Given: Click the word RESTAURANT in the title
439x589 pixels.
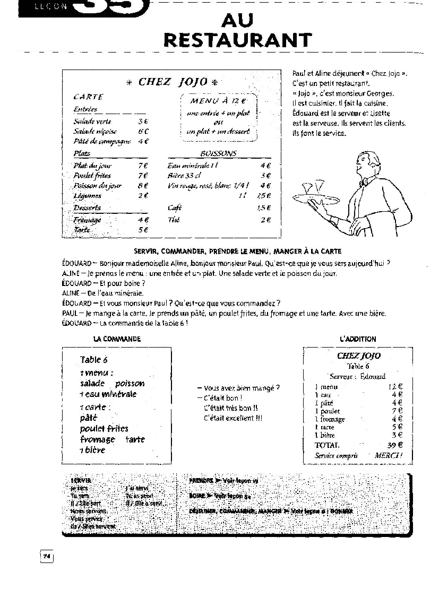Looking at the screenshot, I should click(237, 40).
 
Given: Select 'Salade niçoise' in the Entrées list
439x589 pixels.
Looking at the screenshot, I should click(95, 131).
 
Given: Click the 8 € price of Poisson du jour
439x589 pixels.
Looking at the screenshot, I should click(143, 186).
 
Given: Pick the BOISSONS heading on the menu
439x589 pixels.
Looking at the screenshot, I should click(219, 153).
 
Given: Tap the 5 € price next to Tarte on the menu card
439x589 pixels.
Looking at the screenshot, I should click(143, 230).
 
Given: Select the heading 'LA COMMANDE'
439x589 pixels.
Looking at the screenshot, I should click(117, 339).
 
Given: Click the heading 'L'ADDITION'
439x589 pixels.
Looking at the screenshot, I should click(358, 339).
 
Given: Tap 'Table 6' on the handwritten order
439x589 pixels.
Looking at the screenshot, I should click(94, 360).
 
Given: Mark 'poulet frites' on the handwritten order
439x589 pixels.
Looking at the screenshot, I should click(104, 428).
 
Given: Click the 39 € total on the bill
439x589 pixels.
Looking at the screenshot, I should click(395, 445).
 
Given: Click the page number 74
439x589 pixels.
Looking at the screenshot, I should click(47, 556).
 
